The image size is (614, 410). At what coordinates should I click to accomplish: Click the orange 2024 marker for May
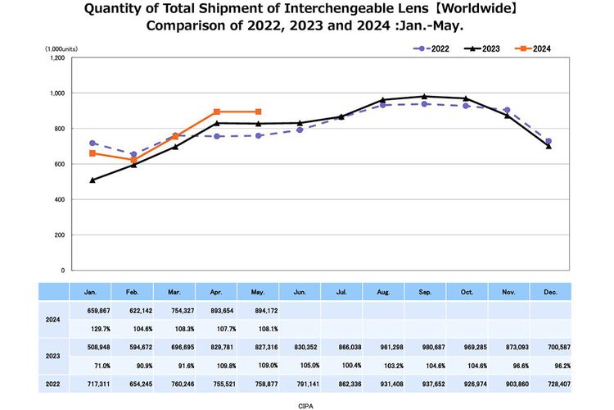coord(259,112)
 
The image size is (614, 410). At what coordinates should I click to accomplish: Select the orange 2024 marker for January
coord(93,153)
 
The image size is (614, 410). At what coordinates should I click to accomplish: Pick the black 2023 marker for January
coord(93,180)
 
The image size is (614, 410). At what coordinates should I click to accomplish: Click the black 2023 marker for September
coord(424,96)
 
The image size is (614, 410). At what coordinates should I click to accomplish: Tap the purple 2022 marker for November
coord(507,110)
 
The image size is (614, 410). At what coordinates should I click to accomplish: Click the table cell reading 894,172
coord(259,311)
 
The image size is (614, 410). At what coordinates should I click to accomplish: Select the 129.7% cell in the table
coord(91,328)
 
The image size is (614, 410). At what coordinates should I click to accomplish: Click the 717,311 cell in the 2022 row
coord(91,382)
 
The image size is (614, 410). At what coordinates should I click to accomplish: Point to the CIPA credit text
coord(306,404)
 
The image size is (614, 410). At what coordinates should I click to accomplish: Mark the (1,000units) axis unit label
coord(61,49)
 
